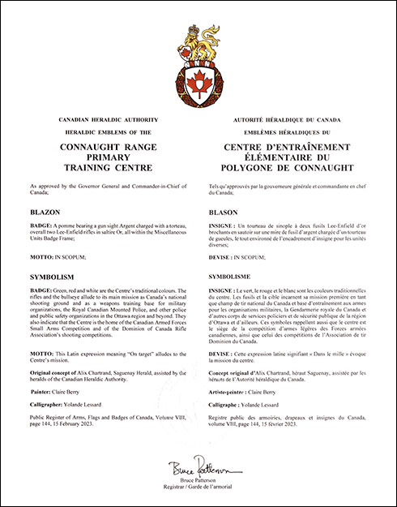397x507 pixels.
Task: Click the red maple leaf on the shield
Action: click(x=198, y=82)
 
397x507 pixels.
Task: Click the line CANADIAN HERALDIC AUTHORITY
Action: click(x=100, y=119)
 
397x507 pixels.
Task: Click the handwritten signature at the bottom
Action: click(x=198, y=469)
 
